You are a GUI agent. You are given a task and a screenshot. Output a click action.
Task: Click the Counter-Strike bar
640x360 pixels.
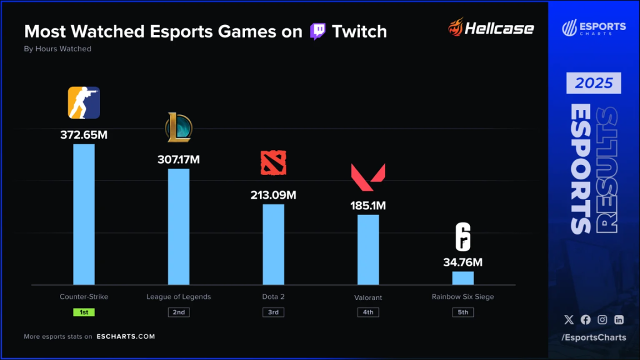[x=84, y=214]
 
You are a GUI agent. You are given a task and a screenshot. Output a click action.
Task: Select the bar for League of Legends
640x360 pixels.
[x=179, y=226]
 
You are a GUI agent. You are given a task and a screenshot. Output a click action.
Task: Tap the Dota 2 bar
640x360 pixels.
[x=273, y=244]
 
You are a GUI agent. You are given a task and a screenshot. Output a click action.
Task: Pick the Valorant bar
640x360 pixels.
[x=368, y=249]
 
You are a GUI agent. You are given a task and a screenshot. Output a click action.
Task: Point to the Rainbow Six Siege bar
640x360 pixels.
[x=462, y=278]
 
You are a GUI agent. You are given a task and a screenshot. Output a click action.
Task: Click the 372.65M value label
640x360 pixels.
[x=84, y=134]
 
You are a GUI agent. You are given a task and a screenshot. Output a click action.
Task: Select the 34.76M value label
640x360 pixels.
[x=463, y=262]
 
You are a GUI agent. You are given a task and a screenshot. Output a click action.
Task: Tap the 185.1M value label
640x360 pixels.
[x=368, y=205]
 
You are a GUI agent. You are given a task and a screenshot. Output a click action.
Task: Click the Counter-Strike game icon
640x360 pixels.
[x=84, y=103]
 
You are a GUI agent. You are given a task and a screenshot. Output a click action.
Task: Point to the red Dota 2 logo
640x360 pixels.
[x=273, y=162]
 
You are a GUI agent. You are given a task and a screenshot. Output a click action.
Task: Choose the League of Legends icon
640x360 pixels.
[x=179, y=127]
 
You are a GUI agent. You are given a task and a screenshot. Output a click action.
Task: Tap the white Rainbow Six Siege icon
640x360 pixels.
[x=462, y=237]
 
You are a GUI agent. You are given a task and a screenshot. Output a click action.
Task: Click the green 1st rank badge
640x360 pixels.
[x=84, y=312]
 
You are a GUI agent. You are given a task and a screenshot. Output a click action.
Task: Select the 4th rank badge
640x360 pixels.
[x=368, y=312]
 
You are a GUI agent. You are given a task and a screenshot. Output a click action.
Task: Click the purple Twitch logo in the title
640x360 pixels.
[x=317, y=31]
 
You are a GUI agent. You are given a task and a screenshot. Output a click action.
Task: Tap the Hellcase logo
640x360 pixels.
[x=491, y=28]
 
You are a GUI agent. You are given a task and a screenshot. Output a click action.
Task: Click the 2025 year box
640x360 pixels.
[x=594, y=83]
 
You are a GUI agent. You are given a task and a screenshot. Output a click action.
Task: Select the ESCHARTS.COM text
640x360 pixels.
[x=126, y=336]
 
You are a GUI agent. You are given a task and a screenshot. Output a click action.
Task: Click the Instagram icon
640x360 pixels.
[x=602, y=319]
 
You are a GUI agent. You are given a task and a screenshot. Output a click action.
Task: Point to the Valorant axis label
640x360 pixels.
[x=368, y=297]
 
